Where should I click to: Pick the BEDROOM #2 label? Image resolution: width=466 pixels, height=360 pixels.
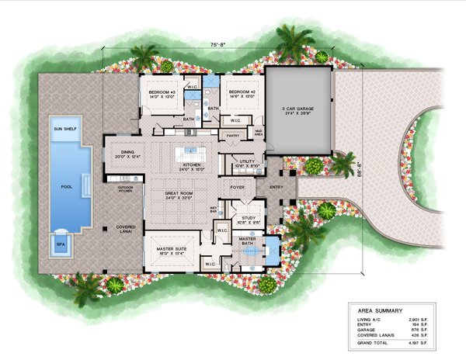[x=242, y=94]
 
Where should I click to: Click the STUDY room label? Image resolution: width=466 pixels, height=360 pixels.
[x=249, y=220]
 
